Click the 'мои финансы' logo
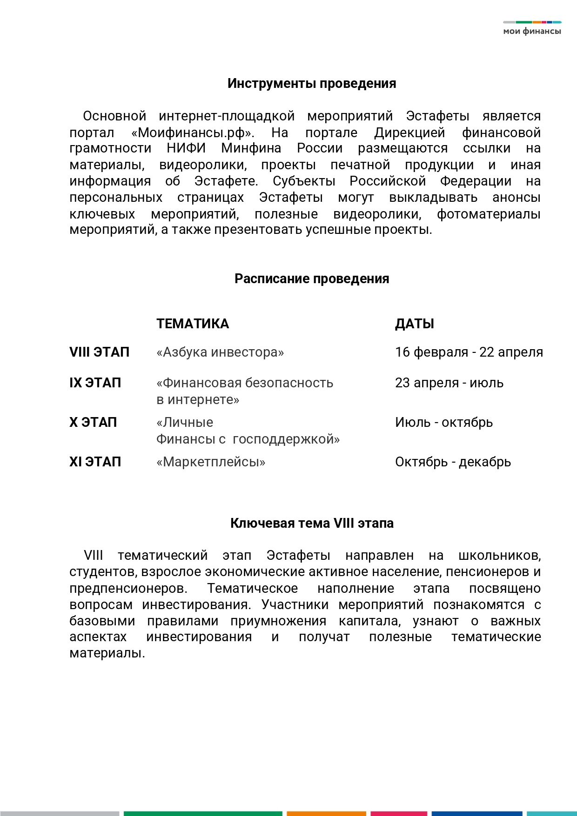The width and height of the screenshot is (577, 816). coord(532,28)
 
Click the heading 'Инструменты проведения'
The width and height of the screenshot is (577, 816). coord(312,84)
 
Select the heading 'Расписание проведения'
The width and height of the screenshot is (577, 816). coord(312,279)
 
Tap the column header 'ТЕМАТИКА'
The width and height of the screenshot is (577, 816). coord(193,324)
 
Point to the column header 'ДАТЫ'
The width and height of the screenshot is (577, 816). coord(415,324)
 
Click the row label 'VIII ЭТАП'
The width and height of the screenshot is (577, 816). coord(100,352)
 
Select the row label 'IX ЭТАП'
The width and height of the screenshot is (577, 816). coord(95,383)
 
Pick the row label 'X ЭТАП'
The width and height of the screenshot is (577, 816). coord(93,423)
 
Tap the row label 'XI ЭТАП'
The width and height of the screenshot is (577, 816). coord(95,462)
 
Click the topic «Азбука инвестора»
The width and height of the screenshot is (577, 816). coord(220,352)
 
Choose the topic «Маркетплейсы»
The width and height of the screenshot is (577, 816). coord(211,462)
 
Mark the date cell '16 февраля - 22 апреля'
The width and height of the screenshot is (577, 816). coord(469,352)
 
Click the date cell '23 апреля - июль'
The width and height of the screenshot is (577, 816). coord(449,383)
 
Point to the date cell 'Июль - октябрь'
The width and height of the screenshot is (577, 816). coord(444,423)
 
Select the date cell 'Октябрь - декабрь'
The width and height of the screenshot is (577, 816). coord(453,462)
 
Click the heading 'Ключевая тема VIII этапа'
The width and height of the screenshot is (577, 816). coord(312,524)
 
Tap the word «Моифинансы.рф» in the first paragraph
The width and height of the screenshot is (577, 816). coord(193,133)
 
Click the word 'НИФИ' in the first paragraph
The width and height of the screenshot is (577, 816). coord(186,149)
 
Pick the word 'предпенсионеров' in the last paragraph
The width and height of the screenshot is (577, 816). coord(128,589)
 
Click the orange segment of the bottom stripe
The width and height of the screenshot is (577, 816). coord(326,813)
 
